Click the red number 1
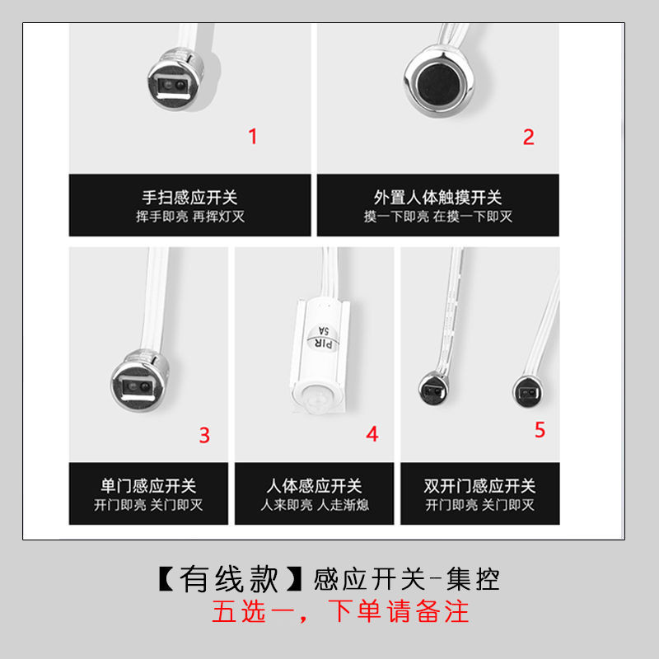(x=253, y=136)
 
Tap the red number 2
(x=529, y=137)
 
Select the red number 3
(x=204, y=435)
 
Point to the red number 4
(x=372, y=434)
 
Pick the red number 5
(x=540, y=429)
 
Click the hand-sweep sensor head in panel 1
(x=175, y=80)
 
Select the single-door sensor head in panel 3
(x=140, y=381)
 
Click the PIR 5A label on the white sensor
(x=324, y=337)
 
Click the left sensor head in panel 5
(x=434, y=388)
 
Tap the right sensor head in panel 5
(x=528, y=392)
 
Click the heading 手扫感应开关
(x=190, y=197)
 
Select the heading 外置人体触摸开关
(x=438, y=197)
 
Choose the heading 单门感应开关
(x=148, y=486)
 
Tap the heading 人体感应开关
(x=314, y=486)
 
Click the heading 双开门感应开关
(x=480, y=486)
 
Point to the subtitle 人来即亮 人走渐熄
(x=315, y=504)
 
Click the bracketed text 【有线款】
(x=231, y=579)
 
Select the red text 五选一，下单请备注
(x=340, y=611)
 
